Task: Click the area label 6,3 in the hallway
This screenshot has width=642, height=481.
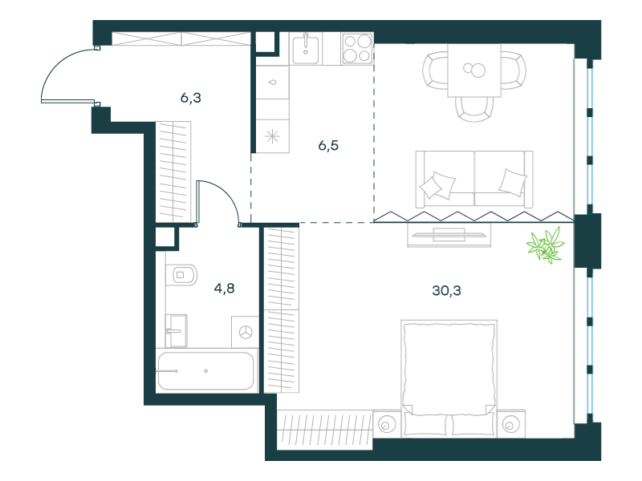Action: [191, 98]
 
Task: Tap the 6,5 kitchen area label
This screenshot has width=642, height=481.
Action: [328, 146]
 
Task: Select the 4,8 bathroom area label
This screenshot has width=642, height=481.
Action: [225, 289]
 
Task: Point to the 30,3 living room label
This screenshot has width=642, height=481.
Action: [446, 290]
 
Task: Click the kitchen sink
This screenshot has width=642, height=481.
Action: [306, 49]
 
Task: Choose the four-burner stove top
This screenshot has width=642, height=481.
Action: [357, 49]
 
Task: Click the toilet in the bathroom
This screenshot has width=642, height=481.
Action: [181, 274]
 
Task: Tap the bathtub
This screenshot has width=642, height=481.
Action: [206, 370]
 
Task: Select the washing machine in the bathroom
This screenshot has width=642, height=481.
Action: [246, 332]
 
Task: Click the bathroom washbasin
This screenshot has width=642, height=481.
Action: [177, 330]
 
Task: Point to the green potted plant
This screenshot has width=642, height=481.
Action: [546, 245]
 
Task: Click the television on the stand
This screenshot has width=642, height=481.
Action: [449, 235]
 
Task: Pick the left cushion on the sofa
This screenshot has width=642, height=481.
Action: [437, 185]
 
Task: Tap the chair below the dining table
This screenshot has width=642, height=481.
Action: [474, 109]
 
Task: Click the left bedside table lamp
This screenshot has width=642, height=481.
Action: [386, 425]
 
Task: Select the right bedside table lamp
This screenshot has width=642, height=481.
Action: [510, 425]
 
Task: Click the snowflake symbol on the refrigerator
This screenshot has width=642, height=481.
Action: [272, 136]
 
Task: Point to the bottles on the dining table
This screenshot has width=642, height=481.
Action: [474, 70]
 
